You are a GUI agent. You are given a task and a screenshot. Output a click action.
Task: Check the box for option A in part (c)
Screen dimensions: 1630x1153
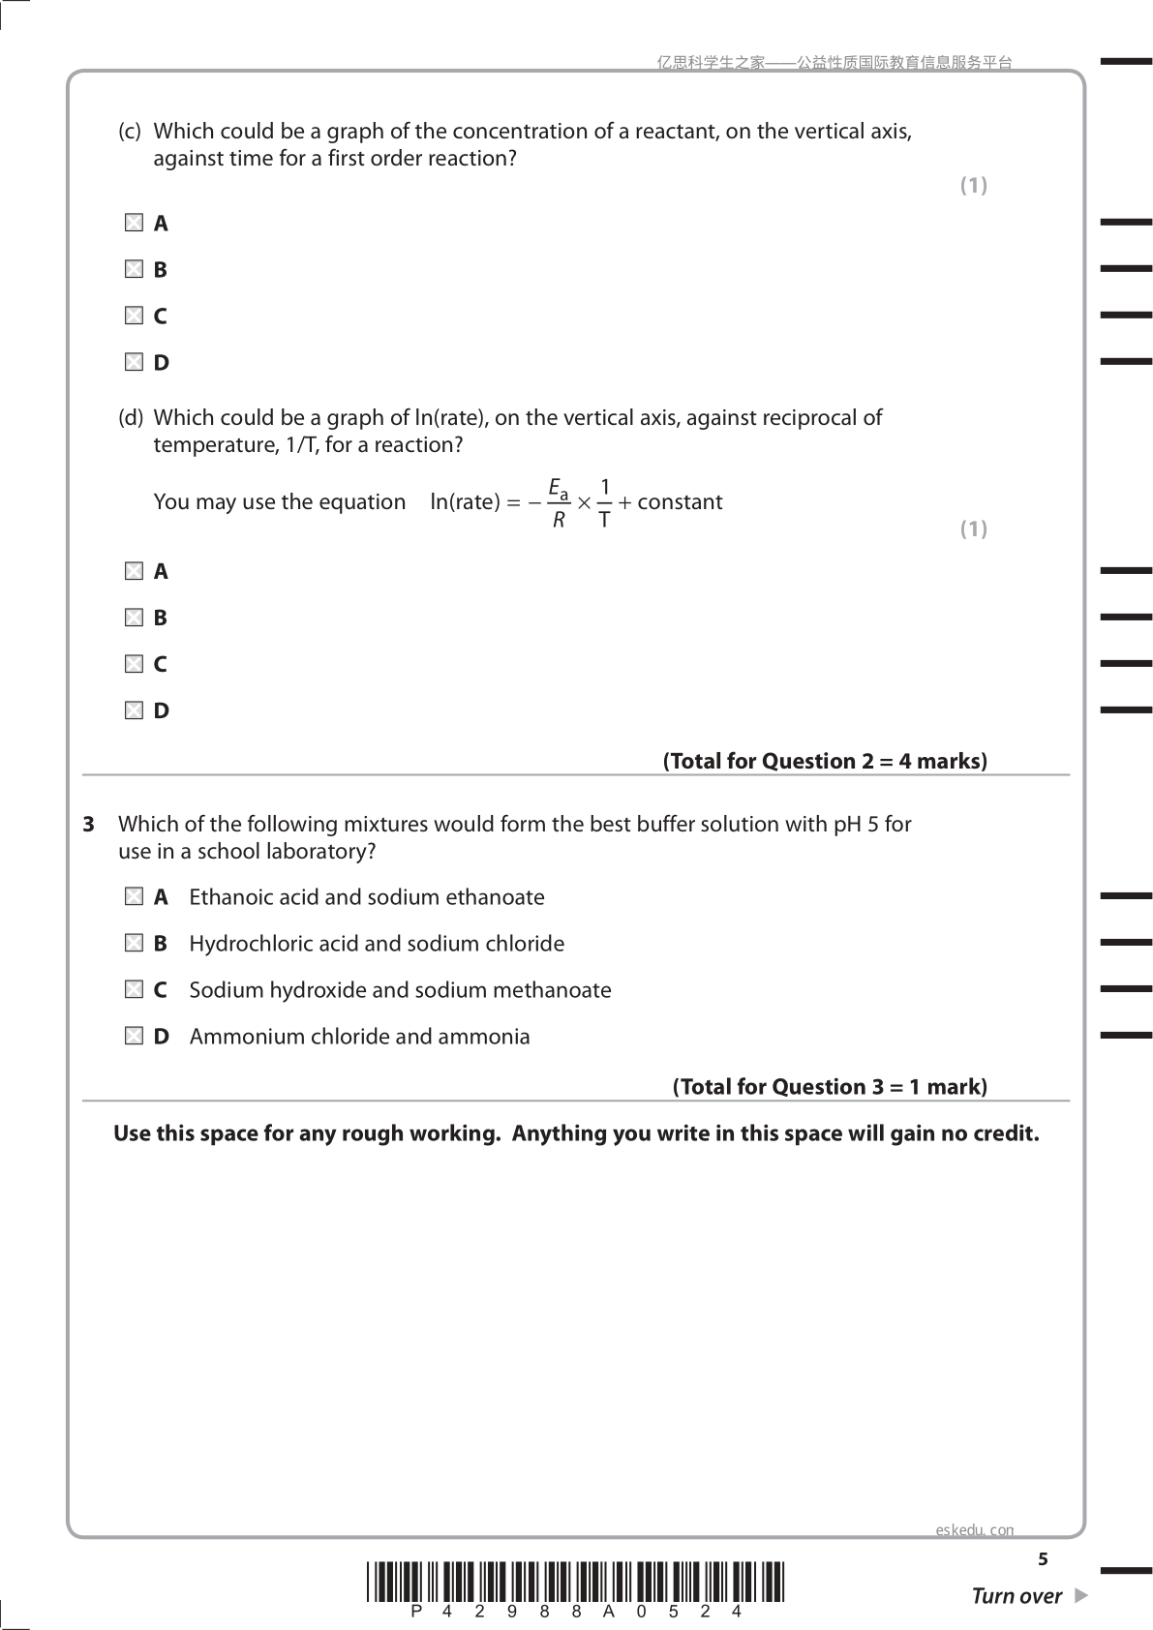tap(134, 224)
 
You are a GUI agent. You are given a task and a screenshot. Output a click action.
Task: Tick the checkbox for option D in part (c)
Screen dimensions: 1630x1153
tap(134, 363)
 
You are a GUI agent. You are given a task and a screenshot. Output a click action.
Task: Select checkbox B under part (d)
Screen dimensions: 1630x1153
tap(134, 618)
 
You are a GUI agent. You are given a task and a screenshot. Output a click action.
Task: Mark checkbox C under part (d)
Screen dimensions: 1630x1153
tap(134, 664)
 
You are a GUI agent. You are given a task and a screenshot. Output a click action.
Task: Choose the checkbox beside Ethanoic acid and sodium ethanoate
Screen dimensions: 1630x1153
tap(134, 897)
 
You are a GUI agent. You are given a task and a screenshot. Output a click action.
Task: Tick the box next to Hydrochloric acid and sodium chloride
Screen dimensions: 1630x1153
tap(134, 944)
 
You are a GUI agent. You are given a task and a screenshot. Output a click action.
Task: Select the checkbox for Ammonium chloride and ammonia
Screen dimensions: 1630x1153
tap(134, 1037)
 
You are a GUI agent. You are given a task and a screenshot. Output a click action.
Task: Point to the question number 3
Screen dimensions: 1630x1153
tap(88, 825)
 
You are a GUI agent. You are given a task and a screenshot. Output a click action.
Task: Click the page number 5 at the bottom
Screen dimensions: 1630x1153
tap(1043, 1559)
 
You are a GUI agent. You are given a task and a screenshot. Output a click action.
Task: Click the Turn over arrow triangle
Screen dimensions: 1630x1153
tap(1081, 1595)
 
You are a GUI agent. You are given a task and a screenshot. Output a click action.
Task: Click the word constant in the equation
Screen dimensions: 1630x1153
tap(680, 502)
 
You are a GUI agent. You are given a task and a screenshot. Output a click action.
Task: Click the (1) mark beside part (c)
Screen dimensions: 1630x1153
tap(973, 185)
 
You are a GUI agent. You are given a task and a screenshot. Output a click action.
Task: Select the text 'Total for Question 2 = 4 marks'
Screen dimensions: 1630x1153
tap(825, 762)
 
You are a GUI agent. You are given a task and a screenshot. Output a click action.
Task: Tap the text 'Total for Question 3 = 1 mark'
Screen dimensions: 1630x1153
tap(830, 1087)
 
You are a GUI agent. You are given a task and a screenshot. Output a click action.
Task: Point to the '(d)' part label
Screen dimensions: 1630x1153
tap(131, 418)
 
